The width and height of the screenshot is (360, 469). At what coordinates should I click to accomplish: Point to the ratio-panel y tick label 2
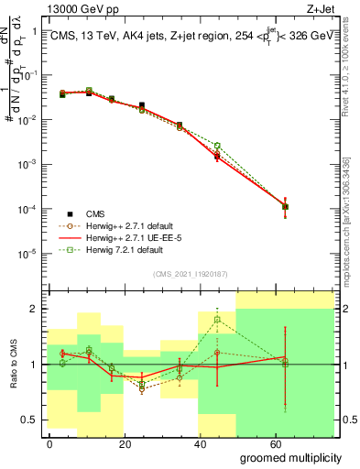33,309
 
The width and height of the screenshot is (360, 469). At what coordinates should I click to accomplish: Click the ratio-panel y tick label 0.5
28,420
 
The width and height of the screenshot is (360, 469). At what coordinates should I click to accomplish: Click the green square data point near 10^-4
286,206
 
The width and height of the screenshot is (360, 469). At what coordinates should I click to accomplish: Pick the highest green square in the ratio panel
217,320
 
